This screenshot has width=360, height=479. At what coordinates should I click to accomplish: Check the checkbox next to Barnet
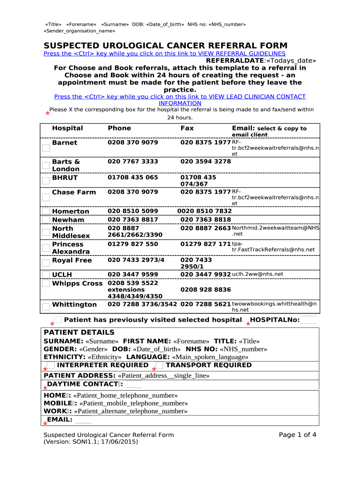[46, 148]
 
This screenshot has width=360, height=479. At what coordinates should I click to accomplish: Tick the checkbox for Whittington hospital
[46, 307]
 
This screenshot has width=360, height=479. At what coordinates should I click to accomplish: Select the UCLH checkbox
[46, 275]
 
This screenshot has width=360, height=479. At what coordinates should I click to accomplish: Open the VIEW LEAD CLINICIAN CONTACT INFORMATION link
[180, 100]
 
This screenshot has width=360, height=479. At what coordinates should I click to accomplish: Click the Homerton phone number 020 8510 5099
[133, 211]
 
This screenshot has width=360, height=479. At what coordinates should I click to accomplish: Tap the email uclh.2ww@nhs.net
[258, 274]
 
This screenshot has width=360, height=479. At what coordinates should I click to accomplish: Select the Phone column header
[119, 128]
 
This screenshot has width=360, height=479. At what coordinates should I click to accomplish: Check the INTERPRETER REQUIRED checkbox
[50, 365]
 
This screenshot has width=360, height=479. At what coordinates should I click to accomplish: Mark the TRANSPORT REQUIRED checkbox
[159, 365]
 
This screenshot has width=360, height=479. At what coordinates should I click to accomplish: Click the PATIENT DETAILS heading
[79, 333]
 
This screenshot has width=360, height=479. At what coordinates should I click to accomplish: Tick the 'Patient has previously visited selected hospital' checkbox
[58, 320]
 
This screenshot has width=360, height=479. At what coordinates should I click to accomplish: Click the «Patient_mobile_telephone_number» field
[134, 403]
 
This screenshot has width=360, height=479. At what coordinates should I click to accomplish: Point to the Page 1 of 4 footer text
[297, 435]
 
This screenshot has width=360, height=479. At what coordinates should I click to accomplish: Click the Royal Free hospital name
[72, 261]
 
